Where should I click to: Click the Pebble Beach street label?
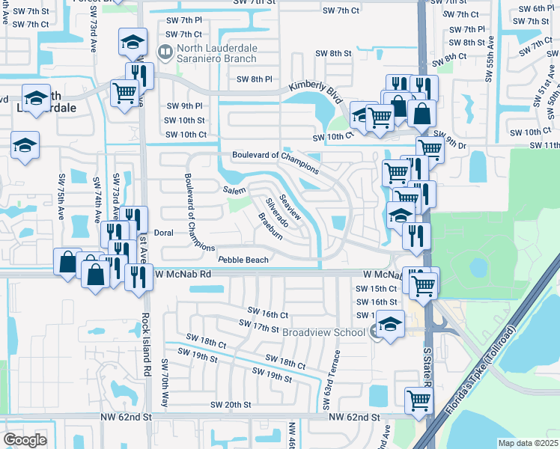(x=243, y=260)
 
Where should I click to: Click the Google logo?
(x=25, y=440)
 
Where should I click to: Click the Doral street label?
(x=163, y=233)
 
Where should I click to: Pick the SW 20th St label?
(x=231, y=405)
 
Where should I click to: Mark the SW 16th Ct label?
(x=268, y=314)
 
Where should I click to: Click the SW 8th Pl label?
(x=255, y=79)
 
